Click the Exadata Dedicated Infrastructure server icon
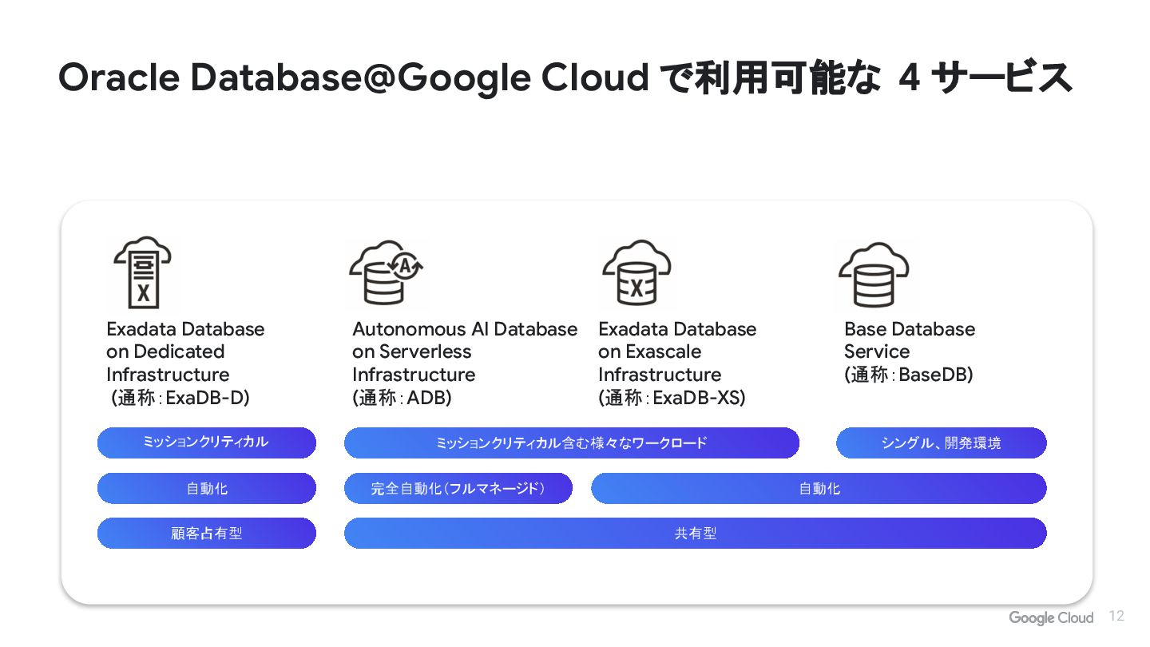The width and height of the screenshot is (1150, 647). (143, 272)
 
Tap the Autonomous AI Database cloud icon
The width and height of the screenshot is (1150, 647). (387, 272)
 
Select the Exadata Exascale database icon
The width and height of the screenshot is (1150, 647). (636, 272)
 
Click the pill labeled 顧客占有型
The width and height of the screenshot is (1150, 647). (207, 534)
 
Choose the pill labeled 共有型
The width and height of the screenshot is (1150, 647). (695, 534)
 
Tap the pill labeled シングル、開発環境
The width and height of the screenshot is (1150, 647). (941, 443)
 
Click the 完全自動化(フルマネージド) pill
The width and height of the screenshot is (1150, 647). (458, 489)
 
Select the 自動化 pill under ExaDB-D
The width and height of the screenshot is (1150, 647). (207, 489)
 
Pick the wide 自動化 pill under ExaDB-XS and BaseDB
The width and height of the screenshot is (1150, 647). (819, 489)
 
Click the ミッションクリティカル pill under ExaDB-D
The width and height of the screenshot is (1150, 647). (207, 443)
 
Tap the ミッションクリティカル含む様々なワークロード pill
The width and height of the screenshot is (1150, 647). (571, 443)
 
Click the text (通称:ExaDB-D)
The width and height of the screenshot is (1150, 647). (180, 398)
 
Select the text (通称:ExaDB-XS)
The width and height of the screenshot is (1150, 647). (672, 398)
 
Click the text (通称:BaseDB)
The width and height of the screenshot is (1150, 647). (908, 375)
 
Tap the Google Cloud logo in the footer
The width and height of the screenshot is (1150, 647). (1050, 617)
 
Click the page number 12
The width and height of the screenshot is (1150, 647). (1116, 616)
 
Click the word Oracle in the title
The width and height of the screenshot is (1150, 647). (119, 78)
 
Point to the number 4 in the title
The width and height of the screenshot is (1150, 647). (908, 78)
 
